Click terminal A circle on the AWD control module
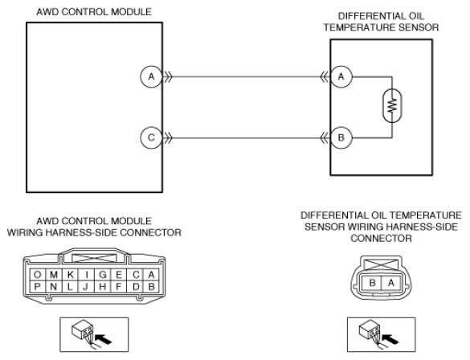151,76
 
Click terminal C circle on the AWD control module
151,137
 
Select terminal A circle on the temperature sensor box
341,76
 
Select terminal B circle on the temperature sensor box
341,137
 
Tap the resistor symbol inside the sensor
392,105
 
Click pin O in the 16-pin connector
38,275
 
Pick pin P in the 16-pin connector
38,287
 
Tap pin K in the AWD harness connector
70,275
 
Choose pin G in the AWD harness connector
103,275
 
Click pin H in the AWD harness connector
103,287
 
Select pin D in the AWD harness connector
136,287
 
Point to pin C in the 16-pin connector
136,275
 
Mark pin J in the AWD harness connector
86,287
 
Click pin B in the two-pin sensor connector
372,283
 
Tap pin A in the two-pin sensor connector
391,283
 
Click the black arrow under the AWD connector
103,340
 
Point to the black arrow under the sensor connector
390,340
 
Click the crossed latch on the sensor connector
382,265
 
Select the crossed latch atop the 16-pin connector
94,259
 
